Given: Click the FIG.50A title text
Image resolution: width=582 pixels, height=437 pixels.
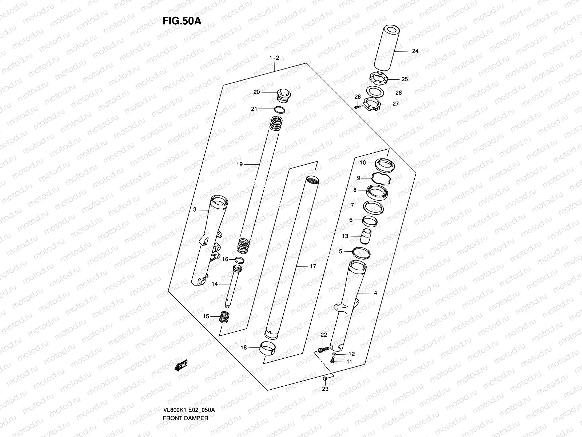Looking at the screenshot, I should pyautogui.click(x=182, y=21).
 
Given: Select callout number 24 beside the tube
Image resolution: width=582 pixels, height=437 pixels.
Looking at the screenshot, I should pyautogui.click(x=415, y=51).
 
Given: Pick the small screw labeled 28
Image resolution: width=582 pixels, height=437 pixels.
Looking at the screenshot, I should pyautogui.click(x=356, y=106).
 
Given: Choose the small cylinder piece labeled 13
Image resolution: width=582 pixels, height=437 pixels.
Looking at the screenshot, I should pyautogui.click(x=366, y=236).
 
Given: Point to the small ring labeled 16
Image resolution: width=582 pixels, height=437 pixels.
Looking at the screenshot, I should pyautogui.click(x=239, y=260).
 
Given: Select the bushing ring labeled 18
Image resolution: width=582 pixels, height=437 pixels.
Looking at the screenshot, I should pyautogui.click(x=269, y=347).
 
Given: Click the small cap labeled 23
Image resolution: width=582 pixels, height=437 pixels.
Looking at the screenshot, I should pyautogui.click(x=326, y=381).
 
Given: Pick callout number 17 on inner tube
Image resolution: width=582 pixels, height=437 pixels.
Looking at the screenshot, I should pyautogui.click(x=312, y=266).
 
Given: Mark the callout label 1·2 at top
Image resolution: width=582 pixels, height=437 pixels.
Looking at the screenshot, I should pyautogui.click(x=274, y=58).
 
